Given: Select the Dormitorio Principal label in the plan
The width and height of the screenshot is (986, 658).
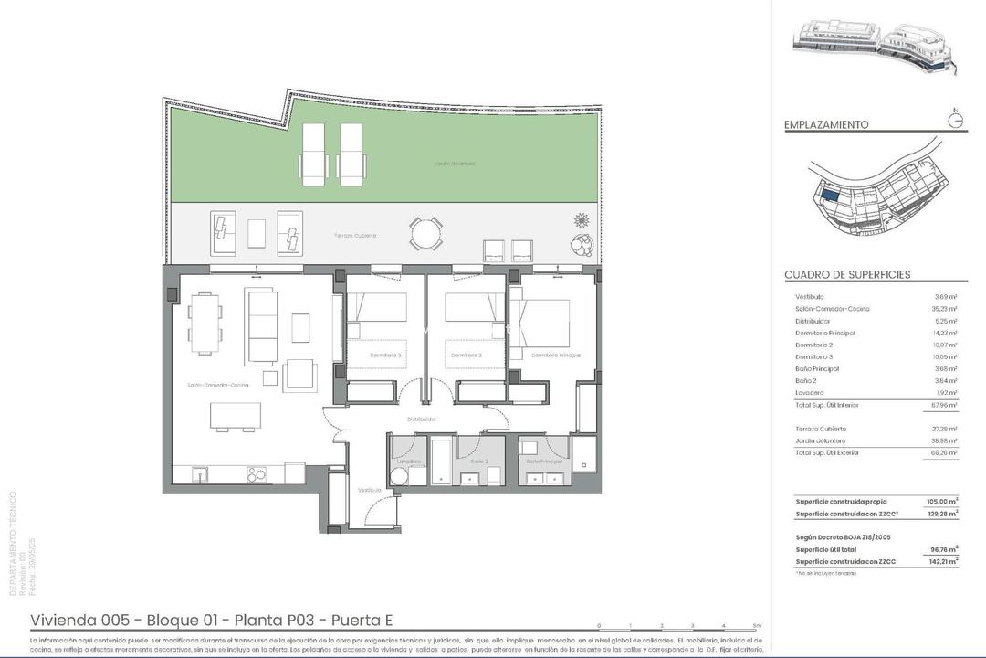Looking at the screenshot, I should (x=556, y=355).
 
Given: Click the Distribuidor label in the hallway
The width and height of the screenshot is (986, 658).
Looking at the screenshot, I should (x=423, y=419).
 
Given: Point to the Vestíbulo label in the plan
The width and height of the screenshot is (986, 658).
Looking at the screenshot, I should (x=370, y=490).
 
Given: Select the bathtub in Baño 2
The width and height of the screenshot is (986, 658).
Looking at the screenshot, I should (x=441, y=462).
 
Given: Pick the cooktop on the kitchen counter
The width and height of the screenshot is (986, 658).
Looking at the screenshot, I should (x=257, y=474).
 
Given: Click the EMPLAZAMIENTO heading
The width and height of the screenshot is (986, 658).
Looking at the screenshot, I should (x=826, y=125).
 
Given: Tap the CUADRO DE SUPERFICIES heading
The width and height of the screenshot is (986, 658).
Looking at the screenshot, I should (x=847, y=274).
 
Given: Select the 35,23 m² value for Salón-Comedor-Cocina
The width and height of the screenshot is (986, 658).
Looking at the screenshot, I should (x=944, y=309).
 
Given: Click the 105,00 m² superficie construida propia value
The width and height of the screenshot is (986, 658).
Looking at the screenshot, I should (x=941, y=501).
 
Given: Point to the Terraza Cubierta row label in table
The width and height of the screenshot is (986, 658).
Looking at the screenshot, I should (x=821, y=429).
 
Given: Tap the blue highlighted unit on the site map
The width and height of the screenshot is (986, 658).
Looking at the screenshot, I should (x=829, y=194).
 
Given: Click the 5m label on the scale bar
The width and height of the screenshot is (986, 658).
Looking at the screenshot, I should (x=756, y=626).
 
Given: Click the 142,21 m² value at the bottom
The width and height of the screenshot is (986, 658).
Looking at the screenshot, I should (x=941, y=561).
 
